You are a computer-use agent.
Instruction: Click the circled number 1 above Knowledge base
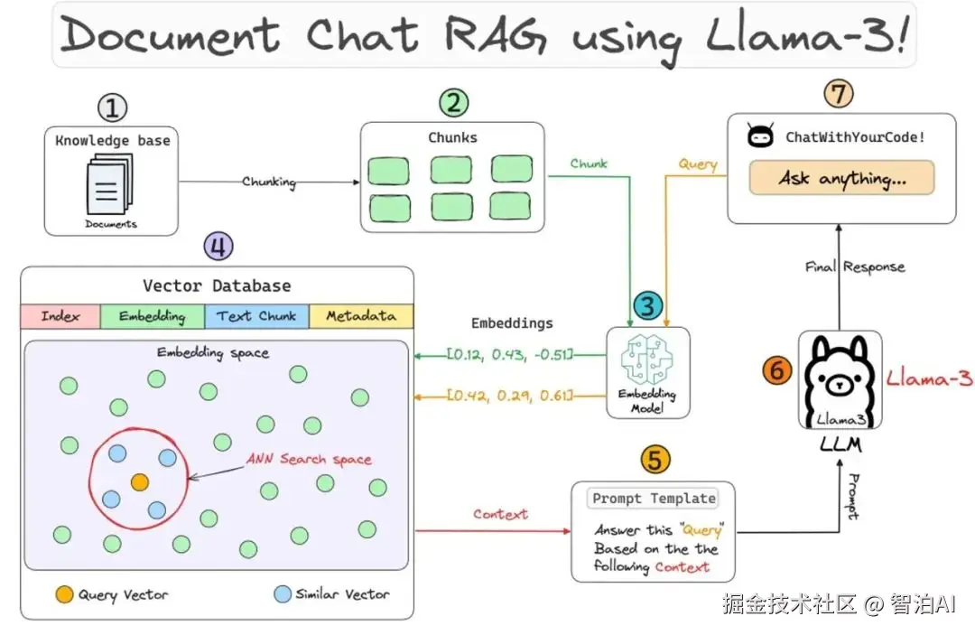[112, 109]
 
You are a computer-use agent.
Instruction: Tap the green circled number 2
[452, 102]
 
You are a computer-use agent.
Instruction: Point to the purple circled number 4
[218, 246]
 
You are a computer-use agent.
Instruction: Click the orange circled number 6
[776, 369]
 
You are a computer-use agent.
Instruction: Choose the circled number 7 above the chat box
[840, 93]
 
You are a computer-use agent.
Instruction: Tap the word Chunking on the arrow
[269, 182]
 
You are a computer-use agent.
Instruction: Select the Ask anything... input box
[841, 178]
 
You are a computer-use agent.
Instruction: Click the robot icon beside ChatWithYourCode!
[760, 136]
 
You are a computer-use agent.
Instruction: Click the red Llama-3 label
[929, 378]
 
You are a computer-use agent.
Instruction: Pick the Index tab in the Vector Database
[60, 316]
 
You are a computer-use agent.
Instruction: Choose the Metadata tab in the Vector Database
[360, 316]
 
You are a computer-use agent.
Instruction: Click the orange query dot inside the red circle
[139, 482]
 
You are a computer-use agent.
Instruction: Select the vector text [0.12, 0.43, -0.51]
[510, 354]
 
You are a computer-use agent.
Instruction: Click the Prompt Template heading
[654, 498]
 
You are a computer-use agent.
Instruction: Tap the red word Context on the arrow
[500, 514]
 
